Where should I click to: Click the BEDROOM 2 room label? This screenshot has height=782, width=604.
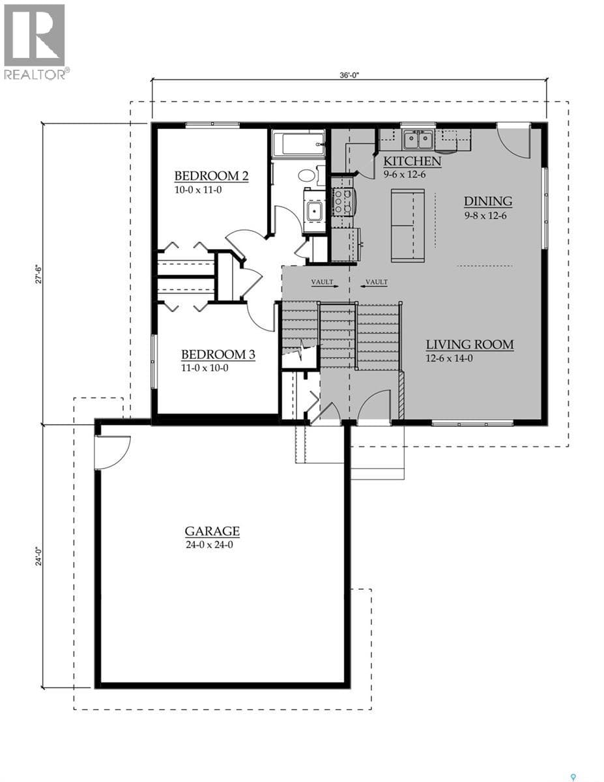212,177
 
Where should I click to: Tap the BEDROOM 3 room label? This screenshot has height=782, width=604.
218,355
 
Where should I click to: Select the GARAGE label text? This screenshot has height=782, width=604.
212,532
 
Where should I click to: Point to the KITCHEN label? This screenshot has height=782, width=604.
412,162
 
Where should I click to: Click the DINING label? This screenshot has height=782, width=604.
488,201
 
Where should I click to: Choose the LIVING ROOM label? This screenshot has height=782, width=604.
470,345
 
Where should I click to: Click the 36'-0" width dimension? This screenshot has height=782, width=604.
350,75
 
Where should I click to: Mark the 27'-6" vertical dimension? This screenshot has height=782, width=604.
38,274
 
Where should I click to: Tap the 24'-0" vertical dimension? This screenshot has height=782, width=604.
38,557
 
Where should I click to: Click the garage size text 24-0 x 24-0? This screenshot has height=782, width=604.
209,545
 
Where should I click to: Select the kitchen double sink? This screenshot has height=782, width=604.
418,139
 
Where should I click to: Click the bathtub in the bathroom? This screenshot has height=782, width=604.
298,144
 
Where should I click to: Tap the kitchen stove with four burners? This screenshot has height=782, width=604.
343,202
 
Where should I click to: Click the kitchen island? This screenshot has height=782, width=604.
408,225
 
